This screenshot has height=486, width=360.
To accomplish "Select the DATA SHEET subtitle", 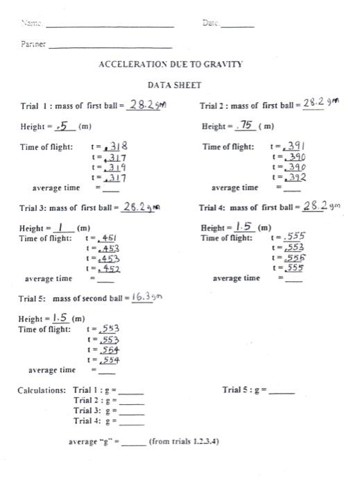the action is [174, 85].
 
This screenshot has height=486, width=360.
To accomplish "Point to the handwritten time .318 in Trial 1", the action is [114, 147].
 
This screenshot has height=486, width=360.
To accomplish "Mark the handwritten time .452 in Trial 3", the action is [108, 268].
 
